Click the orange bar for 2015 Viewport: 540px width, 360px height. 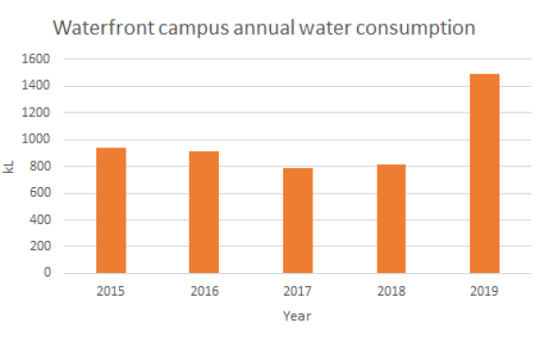(x=110, y=211)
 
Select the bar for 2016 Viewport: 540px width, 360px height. (x=204, y=213)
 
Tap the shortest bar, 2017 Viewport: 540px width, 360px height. (x=296, y=221)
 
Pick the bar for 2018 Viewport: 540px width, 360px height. (x=390, y=219)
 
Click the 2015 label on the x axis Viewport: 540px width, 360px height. (x=110, y=292)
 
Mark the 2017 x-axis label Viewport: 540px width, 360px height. (x=296, y=292)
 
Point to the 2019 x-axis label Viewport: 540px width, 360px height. (x=483, y=292)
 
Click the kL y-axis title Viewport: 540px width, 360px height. (x=12, y=166)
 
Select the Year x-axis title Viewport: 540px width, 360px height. (x=296, y=317)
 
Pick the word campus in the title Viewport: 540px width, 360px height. (x=194, y=26)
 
